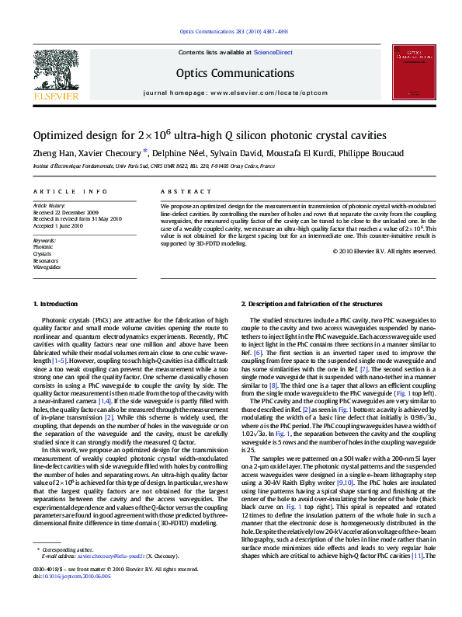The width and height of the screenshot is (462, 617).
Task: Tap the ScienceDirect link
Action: pyautogui.click(x=273, y=51)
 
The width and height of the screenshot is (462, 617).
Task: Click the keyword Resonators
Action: pyautogui.click(x=45, y=260)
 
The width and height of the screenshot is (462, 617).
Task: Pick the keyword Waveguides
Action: pyautogui.click(x=46, y=267)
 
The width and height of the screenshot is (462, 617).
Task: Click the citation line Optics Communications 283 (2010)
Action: pyautogui.click(x=233, y=31)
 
